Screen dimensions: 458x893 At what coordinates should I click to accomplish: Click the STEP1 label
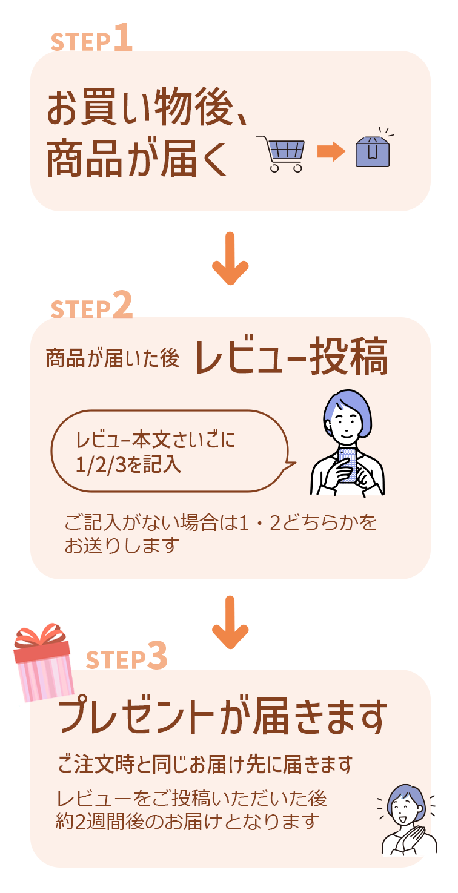[x=91, y=38]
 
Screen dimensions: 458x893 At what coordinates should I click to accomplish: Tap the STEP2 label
[x=91, y=305]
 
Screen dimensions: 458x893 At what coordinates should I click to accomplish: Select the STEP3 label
[x=127, y=656]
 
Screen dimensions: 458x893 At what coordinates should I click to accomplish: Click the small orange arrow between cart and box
[x=331, y=152]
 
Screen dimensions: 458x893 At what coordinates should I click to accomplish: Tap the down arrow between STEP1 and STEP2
[x=230, y=259]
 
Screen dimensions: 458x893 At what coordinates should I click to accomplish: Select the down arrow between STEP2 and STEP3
[x=230, y=622]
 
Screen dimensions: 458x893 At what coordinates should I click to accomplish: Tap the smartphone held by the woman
[x=347, y=465]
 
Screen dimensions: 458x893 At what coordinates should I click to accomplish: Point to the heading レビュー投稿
[x=291, y=356]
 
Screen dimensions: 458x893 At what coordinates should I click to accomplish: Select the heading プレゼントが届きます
[x=222, y=716]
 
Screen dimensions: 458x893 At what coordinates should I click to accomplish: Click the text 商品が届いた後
[x=113, y=358]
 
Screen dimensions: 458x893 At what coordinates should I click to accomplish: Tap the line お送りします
[x=122, y=545]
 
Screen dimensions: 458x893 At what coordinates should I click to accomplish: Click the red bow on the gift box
[x=40, y=634]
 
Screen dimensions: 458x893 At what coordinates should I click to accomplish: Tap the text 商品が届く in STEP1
[x=137, y=158]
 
